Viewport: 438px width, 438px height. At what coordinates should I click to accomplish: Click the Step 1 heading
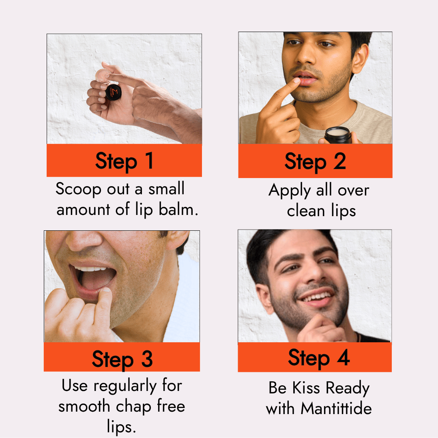(x=125, y=161)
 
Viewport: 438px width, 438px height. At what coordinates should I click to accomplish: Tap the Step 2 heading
(x=315, y=162)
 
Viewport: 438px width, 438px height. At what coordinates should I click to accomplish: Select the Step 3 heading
(x=122, y=359)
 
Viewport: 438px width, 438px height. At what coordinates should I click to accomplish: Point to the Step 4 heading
(x=319, y=358)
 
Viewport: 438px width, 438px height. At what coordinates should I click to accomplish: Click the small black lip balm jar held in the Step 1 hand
(x=114, y=92)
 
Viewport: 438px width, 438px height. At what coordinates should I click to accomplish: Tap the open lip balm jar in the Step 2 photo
(x=338, y=135)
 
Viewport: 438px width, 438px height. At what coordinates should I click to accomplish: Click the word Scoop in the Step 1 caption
(x=78, y=189)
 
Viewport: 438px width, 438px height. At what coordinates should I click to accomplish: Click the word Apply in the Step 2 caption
(x=290, y=191)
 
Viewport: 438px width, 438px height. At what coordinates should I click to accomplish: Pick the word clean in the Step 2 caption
(x=306, y=211)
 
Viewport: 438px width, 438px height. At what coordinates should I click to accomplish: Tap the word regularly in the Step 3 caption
(x=125, y=386)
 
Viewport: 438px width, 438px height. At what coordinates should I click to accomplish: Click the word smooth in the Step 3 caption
(x=84, y=406)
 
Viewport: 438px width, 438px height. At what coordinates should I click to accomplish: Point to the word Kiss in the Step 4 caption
(x=306, y=388)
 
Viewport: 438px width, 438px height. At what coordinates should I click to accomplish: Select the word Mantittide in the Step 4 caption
(x=336, y=408)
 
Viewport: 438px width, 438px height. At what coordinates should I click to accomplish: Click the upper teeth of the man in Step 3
(x=91, y=269)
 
